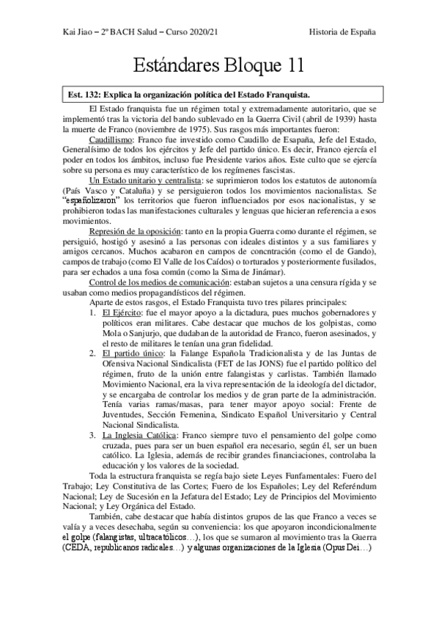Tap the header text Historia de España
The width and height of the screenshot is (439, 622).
342,32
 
